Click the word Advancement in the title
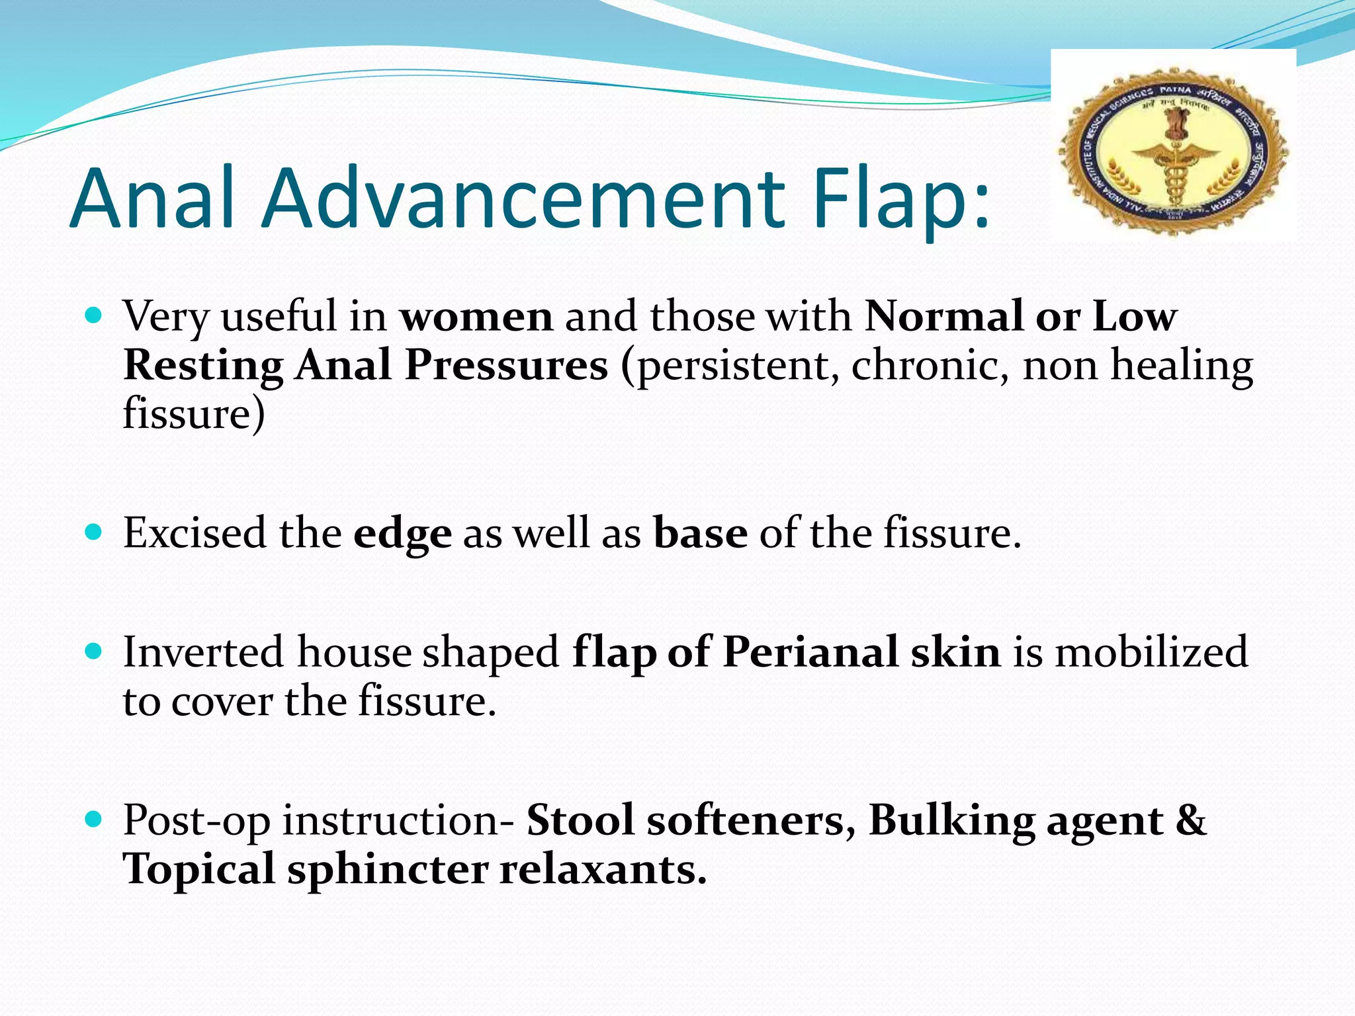pos(523,198)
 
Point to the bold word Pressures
pos(506,365)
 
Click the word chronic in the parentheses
pos(930,365)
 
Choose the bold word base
pos(701,532)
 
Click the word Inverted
pos(204,652)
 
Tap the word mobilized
pos(1151,652)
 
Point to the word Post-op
pos(197,822)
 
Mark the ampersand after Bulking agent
pos(1192,820)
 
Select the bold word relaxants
pos(603,869)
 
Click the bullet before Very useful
pos(94,315)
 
